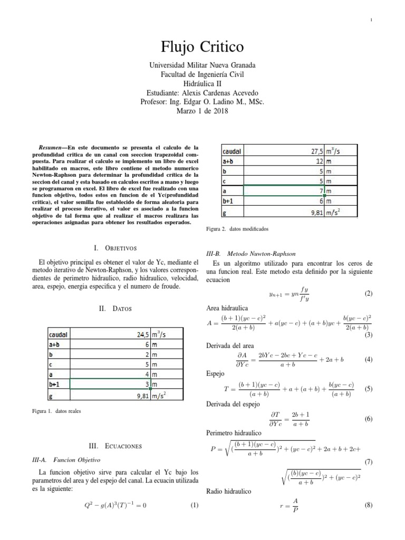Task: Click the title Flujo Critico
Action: [x=202, y=47]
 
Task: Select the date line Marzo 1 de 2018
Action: [x=202, y=111]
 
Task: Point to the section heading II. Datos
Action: [x=115, y=308]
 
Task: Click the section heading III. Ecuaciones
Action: [x=115, y=446]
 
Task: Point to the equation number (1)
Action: [x=194, y=506]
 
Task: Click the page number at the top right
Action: [x=372, y=20]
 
